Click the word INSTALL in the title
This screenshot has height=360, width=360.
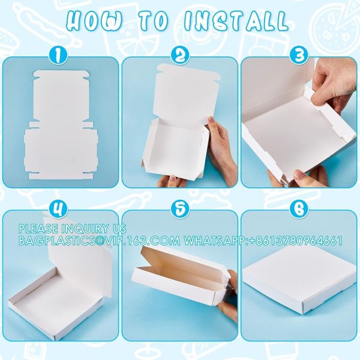pyautogui.click(x=240, y=21)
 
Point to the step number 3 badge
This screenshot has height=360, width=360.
pyautogui.click(x=296, y=56)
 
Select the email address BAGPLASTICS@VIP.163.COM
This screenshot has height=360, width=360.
pyautogui.click(x=99, y=241)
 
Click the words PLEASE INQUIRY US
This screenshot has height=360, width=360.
pyautogui.click(x=72, y=229)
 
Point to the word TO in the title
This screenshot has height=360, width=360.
pyautogui.click(x=160, y=21)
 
